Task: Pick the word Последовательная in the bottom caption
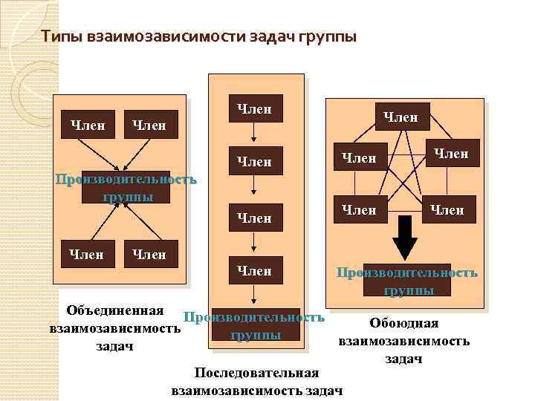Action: tap(256, 372)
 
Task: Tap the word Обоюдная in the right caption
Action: tap(403, 323)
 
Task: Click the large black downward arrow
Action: tap(404, 237)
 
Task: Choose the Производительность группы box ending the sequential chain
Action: tap(255, 326)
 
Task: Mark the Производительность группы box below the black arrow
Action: tap(407, 281)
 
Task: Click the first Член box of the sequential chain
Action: tap(254, 110)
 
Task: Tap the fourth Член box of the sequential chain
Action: tap(254, 271)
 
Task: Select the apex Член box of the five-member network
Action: tap(401, 117)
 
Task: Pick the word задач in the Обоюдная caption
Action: tap(403, 359)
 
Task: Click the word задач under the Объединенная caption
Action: tap(114, 345)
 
